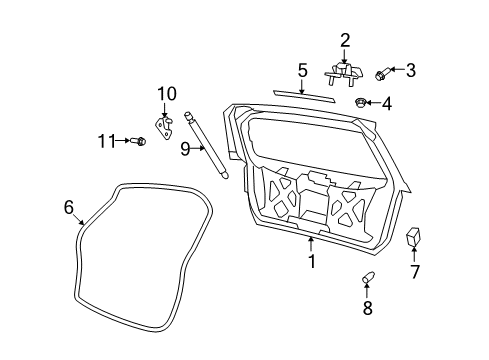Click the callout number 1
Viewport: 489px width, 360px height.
312,262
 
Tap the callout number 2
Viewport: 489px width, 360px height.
345,40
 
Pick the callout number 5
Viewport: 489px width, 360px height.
302,70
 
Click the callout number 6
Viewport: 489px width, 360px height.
69,207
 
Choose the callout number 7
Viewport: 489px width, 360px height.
415,271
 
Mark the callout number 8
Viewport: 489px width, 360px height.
367,307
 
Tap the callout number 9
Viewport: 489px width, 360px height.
185,149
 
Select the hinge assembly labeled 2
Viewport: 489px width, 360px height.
344,73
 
